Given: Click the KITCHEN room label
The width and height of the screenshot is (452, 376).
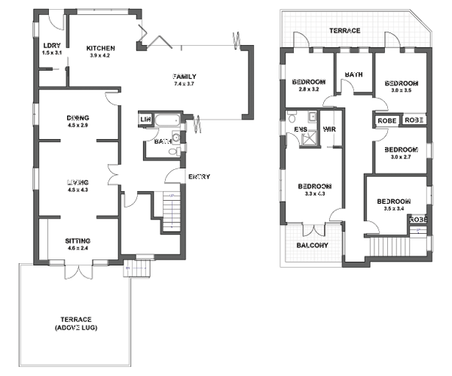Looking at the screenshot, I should coord(99,47).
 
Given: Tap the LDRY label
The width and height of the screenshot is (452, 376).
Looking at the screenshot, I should coord(50,47).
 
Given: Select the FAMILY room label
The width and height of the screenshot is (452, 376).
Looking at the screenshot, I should coord(185,77).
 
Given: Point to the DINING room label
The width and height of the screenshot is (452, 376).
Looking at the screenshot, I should coord(78,117).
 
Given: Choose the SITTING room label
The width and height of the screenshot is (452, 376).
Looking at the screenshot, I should coord(78,240).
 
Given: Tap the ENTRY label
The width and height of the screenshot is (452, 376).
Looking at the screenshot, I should coord(199,177).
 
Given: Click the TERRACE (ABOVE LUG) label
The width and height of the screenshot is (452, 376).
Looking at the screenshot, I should coord(78,323).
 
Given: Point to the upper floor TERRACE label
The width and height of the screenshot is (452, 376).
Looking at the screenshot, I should coord(344,31).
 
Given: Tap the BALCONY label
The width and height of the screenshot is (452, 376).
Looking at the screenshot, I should coord(312,246).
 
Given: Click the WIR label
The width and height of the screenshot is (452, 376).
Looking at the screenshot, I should coord(328,129).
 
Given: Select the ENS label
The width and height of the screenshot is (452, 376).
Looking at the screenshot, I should coord(301,129).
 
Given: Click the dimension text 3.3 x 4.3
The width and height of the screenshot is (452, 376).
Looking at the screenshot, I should coord(314,195).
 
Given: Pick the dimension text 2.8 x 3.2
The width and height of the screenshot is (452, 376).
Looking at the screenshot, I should coord(308,89).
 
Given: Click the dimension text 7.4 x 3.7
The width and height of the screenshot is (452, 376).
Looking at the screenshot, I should coord(185,84).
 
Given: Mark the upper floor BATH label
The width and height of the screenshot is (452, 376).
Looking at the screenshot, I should coord(354,74).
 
